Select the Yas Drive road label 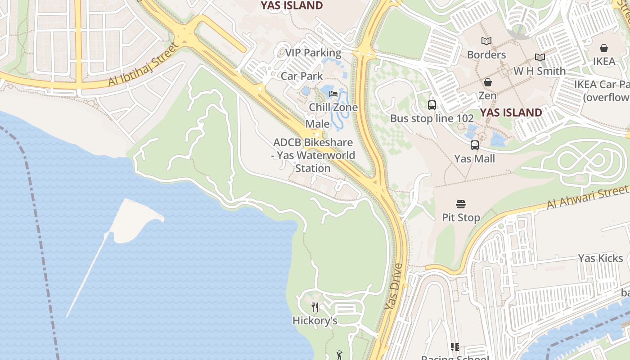point(393,287)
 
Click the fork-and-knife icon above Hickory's point(315,307)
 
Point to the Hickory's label point(315,321)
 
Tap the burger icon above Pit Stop point(460,205)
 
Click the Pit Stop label point(461,218)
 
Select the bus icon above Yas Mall point(475,145)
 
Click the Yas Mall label point(474,159)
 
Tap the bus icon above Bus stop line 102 point(432,105)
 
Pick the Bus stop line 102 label point(432,119)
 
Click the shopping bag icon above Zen point(487,82)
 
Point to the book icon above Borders point(486,41)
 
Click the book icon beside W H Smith point(540,58)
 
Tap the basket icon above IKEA point(604,48)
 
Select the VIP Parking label point(313,53)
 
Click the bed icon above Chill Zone point(333,94)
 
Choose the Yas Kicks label point(600,258)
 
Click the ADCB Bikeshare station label point(314,155)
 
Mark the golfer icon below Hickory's point(339,355)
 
